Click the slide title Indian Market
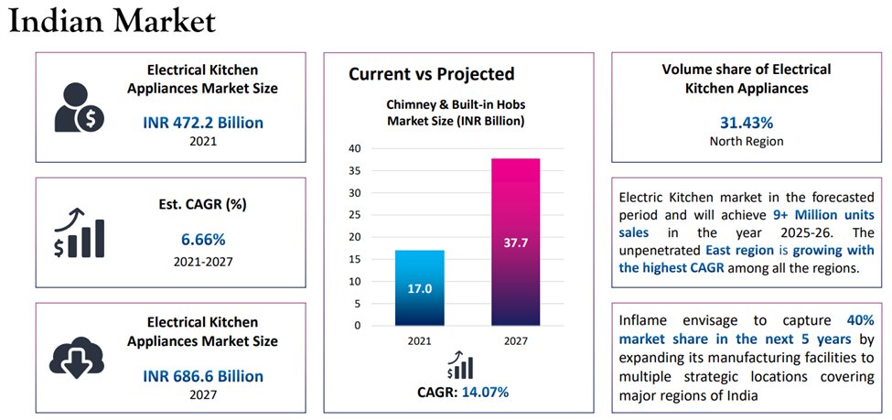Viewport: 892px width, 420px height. tap(113, 22)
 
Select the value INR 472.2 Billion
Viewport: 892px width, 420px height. tap(202, 123)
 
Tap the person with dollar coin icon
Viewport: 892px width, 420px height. tap(78, 106)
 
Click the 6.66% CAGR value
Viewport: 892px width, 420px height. tap(202, 240)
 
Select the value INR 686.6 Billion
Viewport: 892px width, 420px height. tap(202, 376)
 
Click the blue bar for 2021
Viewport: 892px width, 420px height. tap(421, 287)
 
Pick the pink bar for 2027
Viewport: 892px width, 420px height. tap(515, 242)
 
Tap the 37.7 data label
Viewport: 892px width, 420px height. tap(515, 243)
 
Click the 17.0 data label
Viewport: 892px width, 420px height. tap(421, 288)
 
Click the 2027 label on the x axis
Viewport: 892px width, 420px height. tap(515, 340)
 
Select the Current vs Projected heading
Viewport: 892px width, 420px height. tap(431, 74)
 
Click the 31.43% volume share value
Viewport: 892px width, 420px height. tap(747, 123)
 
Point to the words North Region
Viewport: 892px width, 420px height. tap(747, 142)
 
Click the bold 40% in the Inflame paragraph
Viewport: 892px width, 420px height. tap(860, 321)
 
